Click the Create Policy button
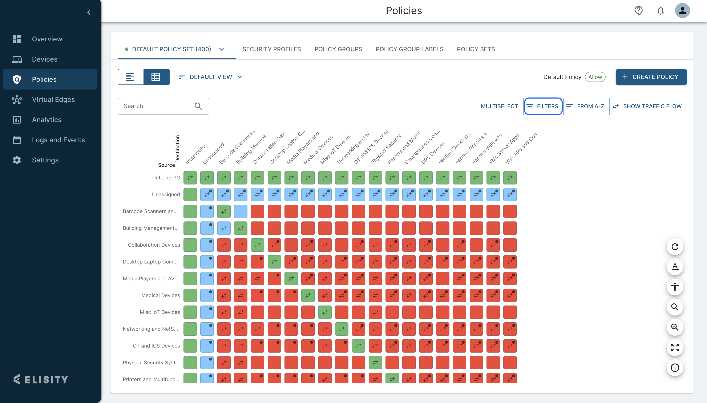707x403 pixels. (651, 77)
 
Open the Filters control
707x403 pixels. (543, 106)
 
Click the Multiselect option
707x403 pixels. (499, 106)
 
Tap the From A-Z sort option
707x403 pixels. (586, 106)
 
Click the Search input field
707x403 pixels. (158, 106)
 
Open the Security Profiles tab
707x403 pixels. (271, 49)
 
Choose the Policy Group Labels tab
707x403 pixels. (409, 49)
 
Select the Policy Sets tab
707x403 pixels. (476, 49)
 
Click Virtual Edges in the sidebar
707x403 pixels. (53, 100)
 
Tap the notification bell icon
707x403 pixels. (660, 11)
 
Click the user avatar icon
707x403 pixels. (682, 11)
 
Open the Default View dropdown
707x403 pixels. (211, 77)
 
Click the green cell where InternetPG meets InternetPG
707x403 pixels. (190, 178)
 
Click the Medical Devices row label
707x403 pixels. (161, 295)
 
